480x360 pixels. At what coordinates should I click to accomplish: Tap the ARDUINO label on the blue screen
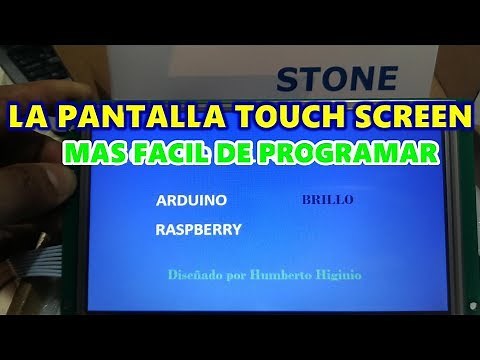point(192,200)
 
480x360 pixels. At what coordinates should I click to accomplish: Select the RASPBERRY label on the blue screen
point(199,229)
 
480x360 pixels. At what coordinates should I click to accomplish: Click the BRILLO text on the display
point(327,199)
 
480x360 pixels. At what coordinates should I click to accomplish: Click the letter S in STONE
point(286,76)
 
